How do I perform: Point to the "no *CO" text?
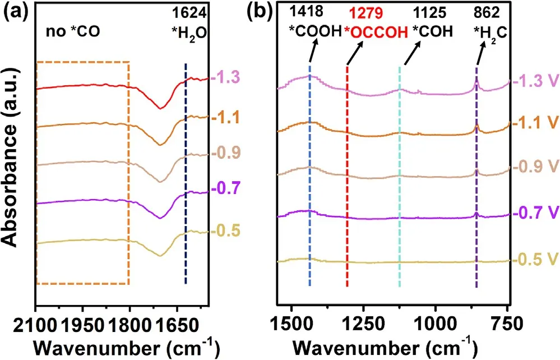(x=72, y=33)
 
